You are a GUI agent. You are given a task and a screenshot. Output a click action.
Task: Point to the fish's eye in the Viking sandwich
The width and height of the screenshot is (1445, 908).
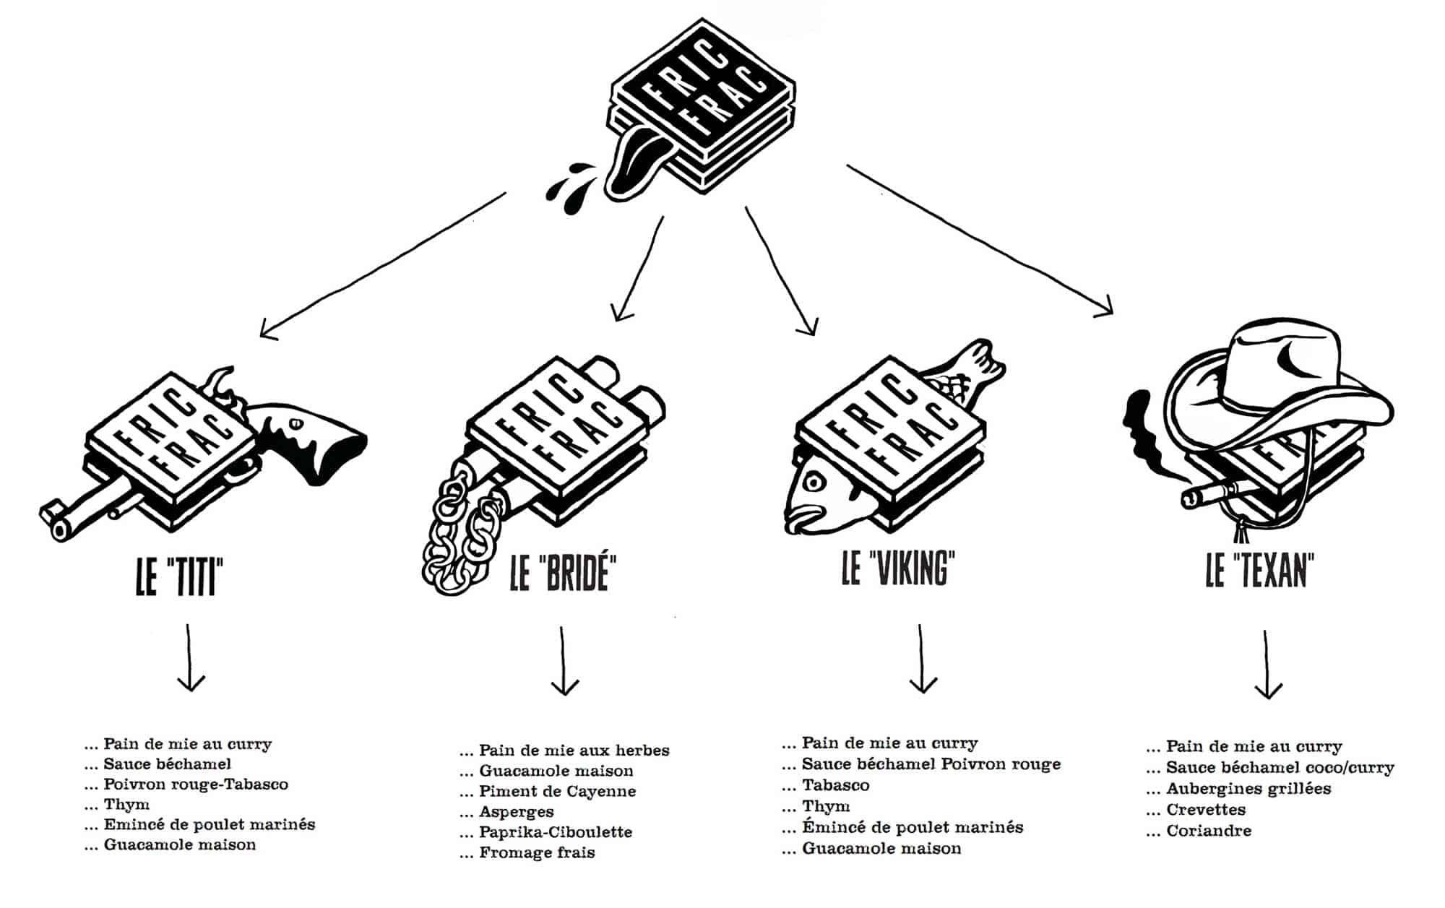(814, 482)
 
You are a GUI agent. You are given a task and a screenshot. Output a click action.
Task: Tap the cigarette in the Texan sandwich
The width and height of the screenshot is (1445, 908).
(1214, 494)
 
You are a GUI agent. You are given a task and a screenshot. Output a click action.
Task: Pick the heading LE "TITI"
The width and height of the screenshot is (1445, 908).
(179, 576)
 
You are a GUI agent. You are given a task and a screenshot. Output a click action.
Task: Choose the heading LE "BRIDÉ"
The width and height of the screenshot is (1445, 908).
(563, 572)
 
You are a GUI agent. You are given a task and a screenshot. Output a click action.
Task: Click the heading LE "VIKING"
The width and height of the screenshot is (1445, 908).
(898, 568)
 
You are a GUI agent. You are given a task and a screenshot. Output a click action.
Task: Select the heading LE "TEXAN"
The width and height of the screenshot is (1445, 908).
(1259, 571)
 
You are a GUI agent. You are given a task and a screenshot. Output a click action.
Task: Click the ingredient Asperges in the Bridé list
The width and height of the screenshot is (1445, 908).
(516, 812)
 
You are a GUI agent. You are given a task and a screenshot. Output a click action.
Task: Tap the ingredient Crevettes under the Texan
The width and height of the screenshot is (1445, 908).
(1205, 810)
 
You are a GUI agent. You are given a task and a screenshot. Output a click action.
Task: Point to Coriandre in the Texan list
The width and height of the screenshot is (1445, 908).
(1208, 831)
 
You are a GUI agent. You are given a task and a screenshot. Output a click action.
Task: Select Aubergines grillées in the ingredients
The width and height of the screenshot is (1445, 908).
(1248, 789)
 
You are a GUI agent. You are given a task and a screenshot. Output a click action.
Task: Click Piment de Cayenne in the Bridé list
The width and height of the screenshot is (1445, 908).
(557, 792)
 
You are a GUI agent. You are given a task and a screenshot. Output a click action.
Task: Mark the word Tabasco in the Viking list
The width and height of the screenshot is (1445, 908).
(835, 785)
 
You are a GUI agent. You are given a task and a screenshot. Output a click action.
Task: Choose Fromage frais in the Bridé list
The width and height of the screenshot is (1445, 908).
(536, 853)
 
